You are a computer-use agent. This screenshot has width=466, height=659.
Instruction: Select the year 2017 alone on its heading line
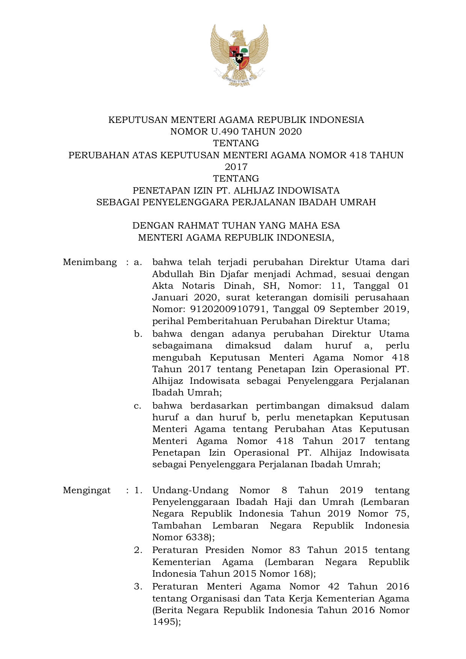(x=236, y=167)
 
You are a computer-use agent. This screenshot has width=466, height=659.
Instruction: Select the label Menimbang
(x=90, y=262)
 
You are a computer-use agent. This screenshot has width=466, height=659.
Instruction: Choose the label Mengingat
(x=87, y=490)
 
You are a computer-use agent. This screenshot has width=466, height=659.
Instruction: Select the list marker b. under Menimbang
(x=138, y=334)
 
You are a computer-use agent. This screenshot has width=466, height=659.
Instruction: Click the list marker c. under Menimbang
(x=138, y=406)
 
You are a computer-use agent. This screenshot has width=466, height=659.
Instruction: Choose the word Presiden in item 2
(x=225, y=550)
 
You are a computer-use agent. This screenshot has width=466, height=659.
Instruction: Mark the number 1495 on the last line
(x=164, y=622)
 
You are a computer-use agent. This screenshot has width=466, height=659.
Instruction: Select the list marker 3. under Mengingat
(x=138, y=586)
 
